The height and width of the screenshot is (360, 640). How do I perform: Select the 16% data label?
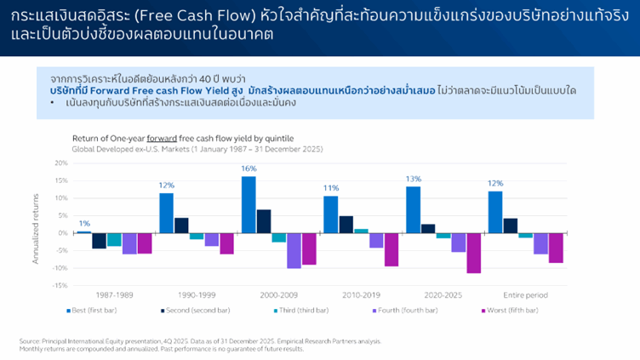[249, 169]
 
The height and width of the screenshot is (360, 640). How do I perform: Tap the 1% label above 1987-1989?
[84, 223]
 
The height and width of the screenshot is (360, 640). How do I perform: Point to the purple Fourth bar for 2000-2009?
[294, 250]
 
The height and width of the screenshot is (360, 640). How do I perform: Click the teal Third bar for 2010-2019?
[361, 231]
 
